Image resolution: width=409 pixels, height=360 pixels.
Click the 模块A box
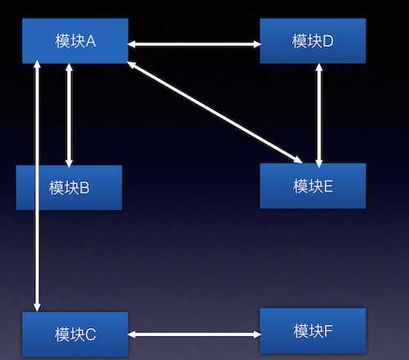[x=75, y=41]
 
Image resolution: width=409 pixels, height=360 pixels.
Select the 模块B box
[x=70, y=187]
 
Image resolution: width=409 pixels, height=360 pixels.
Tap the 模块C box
[x=75, y=334]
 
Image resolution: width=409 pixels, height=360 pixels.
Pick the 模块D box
[x=312, y=41]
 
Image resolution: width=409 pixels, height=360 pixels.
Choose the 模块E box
[x=312, y=186]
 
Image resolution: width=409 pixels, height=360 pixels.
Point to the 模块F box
[x=312, y=331]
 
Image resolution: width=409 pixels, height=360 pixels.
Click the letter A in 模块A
[x=91, y=42]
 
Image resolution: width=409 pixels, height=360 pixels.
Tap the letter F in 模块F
[x=328, y=331]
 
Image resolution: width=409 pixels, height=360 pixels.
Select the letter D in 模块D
[x=328, y=42]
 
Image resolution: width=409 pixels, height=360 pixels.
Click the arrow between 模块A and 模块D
[x=194, y=44]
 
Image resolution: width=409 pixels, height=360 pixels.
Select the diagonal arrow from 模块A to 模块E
[x=215, y=112]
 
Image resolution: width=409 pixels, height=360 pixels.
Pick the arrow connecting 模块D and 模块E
[x=319, y=115]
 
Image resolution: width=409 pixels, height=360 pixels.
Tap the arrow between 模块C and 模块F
[x=194, y=335]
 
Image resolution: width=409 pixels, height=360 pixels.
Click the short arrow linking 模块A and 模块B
[x=70, y=115]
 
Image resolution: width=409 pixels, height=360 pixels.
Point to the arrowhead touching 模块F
[x=257, y=335]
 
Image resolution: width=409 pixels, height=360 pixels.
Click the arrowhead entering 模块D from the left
[x=257, y=44]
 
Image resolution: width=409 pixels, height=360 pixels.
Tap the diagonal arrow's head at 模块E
[x=298, y=160]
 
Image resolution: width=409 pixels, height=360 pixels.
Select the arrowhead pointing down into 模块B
[x=70, y=163]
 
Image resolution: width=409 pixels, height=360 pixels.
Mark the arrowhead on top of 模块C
[x=37, y=308]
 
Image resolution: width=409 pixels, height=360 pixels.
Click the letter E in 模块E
[x=328, y=187]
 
